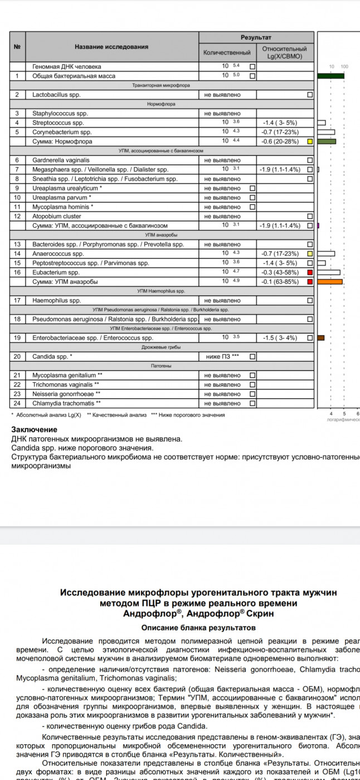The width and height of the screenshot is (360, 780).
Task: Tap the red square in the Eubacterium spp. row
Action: tap(310, 272)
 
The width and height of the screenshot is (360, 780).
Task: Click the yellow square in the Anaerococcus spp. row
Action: tap(310, 253)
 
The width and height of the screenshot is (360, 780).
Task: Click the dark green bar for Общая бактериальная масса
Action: tap(330, 76)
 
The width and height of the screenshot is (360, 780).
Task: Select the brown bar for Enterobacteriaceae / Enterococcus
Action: tap(320, 338)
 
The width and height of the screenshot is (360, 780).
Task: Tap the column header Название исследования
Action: tap(111, 47)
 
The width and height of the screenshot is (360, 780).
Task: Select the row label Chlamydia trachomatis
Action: tap(67, 403)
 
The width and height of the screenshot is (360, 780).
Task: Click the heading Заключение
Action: tap(34, 430)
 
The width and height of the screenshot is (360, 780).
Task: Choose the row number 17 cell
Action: tap(17, 300)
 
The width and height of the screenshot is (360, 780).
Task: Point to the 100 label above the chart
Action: tap(344, 66)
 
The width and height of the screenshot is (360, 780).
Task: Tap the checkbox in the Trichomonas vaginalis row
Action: tap(252, 384)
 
